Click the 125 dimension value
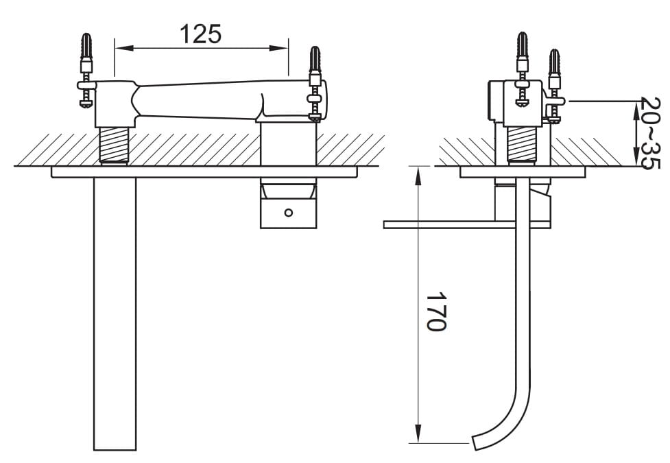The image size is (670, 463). tap(201, 34)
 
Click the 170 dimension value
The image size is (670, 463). tap(436, 311)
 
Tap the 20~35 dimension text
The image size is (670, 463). tap(651, 133)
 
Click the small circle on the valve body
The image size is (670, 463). tap(289, 212)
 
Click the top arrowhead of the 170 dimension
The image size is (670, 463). tap(418, 176)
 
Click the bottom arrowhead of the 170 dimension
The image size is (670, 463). tap(418, 434)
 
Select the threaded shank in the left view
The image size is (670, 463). tap(114, 145)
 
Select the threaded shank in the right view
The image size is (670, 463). tap(522, 145)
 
